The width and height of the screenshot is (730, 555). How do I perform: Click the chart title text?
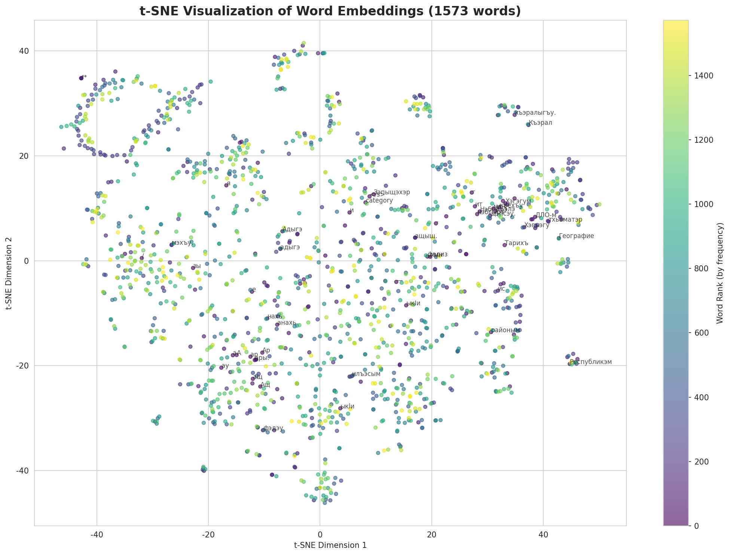pos(330,11)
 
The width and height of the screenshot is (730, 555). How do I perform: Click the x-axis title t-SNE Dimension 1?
pos(330,545)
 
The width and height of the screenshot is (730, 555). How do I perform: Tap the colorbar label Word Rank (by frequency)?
pos(719,273)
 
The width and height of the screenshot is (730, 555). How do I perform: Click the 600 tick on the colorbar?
pos(700,333)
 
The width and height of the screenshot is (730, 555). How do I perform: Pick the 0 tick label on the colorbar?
pos(697,526)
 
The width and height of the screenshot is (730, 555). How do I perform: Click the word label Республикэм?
pos(591,362)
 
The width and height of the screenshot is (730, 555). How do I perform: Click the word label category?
pos(379,201)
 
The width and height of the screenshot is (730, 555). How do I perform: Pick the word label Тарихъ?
pos(516,243)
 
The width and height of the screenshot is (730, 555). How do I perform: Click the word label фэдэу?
pos(273,428)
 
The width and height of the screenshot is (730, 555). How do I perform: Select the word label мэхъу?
pos(181,243)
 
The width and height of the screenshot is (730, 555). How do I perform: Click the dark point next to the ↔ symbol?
pos(81,78)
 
